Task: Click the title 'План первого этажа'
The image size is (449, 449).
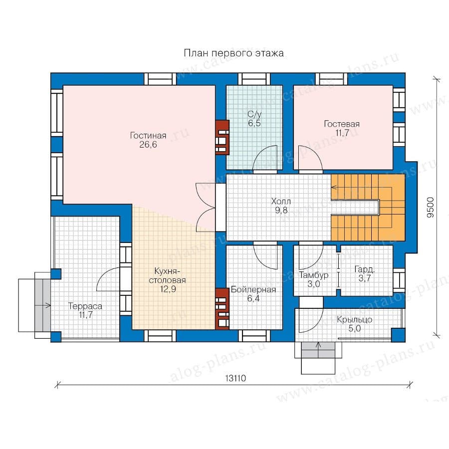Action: (x=233, y=53)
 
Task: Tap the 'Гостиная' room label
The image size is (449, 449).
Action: (x=148, y=135)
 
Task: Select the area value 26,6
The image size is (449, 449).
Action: (x=148, y=145)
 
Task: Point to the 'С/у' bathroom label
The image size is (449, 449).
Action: (x=254, y=115)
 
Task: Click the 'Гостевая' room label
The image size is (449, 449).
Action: (x=342, y=124)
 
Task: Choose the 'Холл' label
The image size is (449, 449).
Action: (x=281, y=201)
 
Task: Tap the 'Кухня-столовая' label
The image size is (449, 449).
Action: (x=168, y=275)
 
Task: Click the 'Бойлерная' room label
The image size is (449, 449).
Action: (x=253, y=289)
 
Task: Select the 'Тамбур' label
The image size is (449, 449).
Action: (x=314, y=275)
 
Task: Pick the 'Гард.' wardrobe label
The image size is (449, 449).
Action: (x=365, y=269)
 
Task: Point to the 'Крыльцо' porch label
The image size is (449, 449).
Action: (x=355, y=320)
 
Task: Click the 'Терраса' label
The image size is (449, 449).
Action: (x=85, y=306)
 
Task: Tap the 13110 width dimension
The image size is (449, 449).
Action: (x=235, y=378)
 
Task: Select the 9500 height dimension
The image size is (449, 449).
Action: (x=431, y=208)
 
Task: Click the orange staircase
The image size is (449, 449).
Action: (x=368, y=208)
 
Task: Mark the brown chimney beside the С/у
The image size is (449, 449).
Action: (x=222, y=137)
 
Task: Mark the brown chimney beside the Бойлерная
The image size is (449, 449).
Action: (x=222, y=309)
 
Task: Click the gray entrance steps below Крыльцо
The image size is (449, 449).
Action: (x=318, y=350)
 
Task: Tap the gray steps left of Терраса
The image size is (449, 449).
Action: (x=43, y=305)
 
